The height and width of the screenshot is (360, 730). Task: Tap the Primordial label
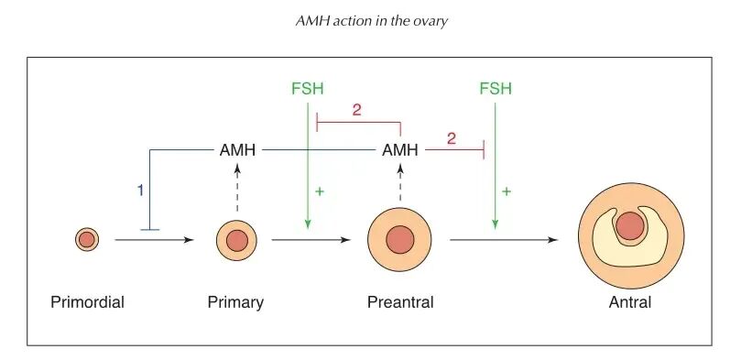click(x=88, y=302)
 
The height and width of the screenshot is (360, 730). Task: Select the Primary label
click(x=235, y=302)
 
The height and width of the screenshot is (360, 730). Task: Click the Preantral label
click(x=400, y=302)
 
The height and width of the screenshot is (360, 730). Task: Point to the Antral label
click(x=630, y=302)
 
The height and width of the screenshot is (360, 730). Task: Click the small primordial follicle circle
click(x=86, y=240)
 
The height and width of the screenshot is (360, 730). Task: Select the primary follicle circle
click(x=236, y=241)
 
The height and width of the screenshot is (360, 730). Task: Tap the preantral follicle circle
click(x=399, y=241)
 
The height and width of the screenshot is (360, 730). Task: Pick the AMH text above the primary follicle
click(x=237, y=149)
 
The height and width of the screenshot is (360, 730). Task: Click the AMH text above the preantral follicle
click(x=400, y=149)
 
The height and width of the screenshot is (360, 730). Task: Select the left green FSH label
click(x=307, y=89)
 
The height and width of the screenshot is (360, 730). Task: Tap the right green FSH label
click(x=495, y=89)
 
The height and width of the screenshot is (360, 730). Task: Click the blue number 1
click(x=140, y=191)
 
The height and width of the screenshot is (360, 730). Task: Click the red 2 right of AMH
click(x=451, y=137)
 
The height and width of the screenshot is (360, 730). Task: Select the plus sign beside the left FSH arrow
click(x=321, y=191)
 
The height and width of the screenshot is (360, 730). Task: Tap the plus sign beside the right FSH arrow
click(x=507, y=191)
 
